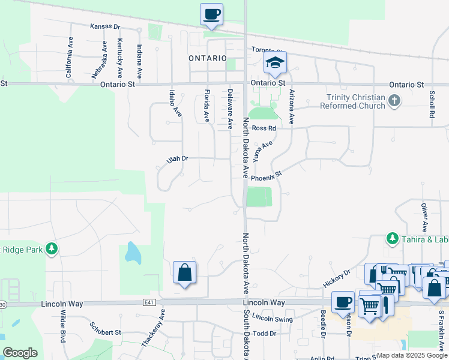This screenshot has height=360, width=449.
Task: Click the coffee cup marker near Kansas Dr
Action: pyautogui.click(x=211, y=14)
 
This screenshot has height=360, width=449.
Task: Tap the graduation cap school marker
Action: pyautogui.click(x=275, y=62)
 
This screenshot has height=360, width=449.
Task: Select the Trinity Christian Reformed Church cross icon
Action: pyautogui.click(x=394, y=100)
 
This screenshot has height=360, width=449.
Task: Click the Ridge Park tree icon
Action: pyautogui.click(x=52, y=248)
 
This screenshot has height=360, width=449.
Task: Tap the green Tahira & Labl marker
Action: pyautogui.click(x=392, y=239)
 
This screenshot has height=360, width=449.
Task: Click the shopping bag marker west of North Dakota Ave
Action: pyautogui.click(x=185, y=273)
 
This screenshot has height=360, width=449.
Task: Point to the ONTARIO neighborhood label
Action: pyautogui.click(x=207, y=58)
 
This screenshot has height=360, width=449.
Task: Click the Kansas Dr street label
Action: pyautogui.click(x=105, y=27)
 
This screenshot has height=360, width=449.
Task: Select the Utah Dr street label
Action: pyautogui.click(x=178, y=159)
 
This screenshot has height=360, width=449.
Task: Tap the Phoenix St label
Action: pyautogui.click(x=266, y=177)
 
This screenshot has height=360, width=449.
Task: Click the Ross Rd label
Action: pyautogui.click(x=264, y=128)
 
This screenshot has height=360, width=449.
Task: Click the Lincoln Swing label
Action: pyautogui.click(x=273, y=317)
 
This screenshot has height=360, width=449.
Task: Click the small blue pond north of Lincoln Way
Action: pyautogui.click(x=133, y=253)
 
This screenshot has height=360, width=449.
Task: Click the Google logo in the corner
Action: pyautogui.click(x=20, y=353)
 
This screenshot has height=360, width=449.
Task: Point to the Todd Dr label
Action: pyautogui.click(x=264, y=333)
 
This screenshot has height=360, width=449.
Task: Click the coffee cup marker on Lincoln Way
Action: pyautogui.click(x=343, y=302)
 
